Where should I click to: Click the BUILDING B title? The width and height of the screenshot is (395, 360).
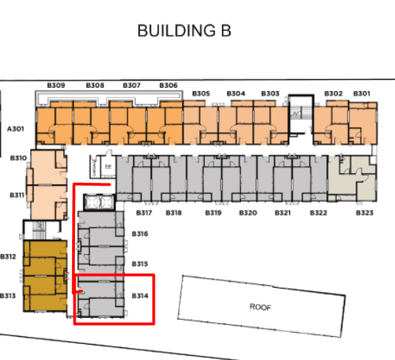[184, 31]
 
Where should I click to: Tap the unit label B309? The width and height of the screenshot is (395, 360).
[56, 85]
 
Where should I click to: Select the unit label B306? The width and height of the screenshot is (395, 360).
[168, 85]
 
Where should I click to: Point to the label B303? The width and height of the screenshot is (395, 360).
[270, 93]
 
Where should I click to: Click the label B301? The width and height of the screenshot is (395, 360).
[361, 93]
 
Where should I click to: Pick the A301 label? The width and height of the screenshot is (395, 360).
[15, 129]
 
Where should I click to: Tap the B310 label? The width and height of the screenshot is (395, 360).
[18, 158]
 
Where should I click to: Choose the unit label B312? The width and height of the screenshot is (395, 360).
[8, 256]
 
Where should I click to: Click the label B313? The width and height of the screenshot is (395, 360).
[8, 295]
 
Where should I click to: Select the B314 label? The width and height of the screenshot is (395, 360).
[140, 296]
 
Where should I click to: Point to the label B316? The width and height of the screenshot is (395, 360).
[140, 233]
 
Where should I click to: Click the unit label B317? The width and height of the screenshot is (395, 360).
[144, 212]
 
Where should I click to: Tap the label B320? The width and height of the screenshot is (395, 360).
[248, 212]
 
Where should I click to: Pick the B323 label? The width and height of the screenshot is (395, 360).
[364, 212]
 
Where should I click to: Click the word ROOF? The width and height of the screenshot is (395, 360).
[260, 307]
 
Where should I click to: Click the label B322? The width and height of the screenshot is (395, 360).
[318, 212]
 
